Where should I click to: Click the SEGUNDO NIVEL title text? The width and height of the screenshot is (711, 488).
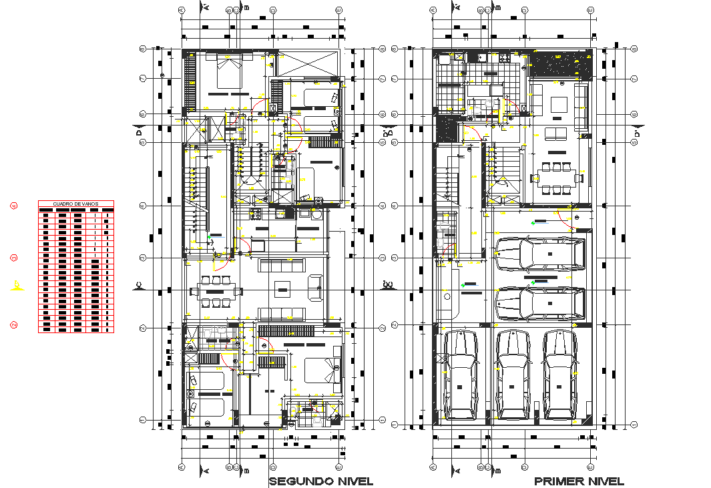pos(320,481)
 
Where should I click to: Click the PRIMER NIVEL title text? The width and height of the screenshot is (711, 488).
pos(579,481)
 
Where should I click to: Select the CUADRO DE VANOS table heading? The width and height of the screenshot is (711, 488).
pos(76,204)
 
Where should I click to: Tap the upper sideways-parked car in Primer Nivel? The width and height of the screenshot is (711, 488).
pos(539,254)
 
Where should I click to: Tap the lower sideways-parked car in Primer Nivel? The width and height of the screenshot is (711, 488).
pos(539,304)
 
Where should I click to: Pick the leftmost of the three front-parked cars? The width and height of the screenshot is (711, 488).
pos(461,375)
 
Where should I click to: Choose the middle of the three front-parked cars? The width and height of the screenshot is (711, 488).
pos(513,375)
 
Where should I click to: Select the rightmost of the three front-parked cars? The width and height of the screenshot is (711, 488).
pos(559,375)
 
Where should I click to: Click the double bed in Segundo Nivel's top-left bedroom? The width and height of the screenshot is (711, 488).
pos(228,72)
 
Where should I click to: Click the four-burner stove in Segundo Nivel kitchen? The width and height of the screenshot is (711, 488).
pos(256,214)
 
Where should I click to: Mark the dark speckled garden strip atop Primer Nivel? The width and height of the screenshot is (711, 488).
pos(561,65)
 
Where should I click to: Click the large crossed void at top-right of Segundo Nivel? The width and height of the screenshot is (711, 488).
pos(307,63)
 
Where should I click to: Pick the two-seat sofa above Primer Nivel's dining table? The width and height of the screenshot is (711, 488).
pos(555,134)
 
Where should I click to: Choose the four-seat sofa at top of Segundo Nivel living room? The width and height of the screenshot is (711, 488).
pos(282,266)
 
